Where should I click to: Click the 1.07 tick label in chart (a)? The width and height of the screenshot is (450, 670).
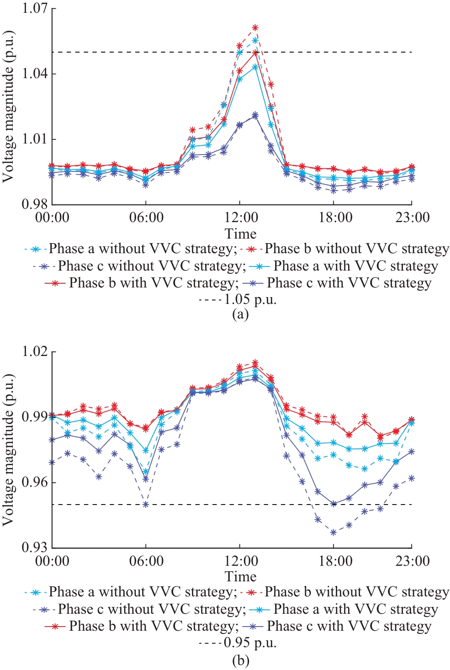pyautogui.click(x=35, y=9)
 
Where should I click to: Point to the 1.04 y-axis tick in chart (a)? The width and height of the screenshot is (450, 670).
pyautogui.click(x=35, y=74)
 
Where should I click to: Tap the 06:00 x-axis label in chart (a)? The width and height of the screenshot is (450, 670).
pyautogui.click(x=146, y=217)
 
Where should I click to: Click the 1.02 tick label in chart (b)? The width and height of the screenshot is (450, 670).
pyautogui.click(x=35, y=352)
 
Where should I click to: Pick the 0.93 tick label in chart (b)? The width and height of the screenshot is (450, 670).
pyautogui.click(x=35, y=547)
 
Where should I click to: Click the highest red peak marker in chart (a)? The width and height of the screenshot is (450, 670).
pyautogui.click(x=255, y=28)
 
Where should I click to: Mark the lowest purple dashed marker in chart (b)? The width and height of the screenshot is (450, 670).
pyautogui.click(x=334, y=532)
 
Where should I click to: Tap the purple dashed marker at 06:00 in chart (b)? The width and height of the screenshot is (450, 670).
pyautogui.click(x=146, y=505)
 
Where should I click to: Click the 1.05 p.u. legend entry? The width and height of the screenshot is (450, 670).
pyautogui.click(x=238, y=300)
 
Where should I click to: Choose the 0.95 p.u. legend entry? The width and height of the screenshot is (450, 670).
pyautogui.click(x=238, y=643)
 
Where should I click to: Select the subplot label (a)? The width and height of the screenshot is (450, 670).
pyautogui.click(x=240, y=314)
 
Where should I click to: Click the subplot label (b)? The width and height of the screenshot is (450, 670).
pyautogui.click(x=240, y=660)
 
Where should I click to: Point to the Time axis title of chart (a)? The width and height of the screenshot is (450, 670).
pyautogui.click(x=240, y=234)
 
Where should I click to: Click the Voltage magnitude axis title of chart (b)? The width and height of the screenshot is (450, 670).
pyautogui.click(x=8, y=450)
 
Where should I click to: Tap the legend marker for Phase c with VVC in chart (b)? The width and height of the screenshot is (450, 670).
pyautogui.click(x=254, y=627)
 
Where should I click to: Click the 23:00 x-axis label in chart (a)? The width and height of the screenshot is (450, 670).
pyautogui.click(x=412, y=217)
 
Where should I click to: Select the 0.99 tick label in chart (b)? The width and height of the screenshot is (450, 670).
pyautogui.click(x=35, y=417)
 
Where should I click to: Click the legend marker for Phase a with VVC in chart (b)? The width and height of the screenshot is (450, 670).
pyautogui.click(x=260, y=610)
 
